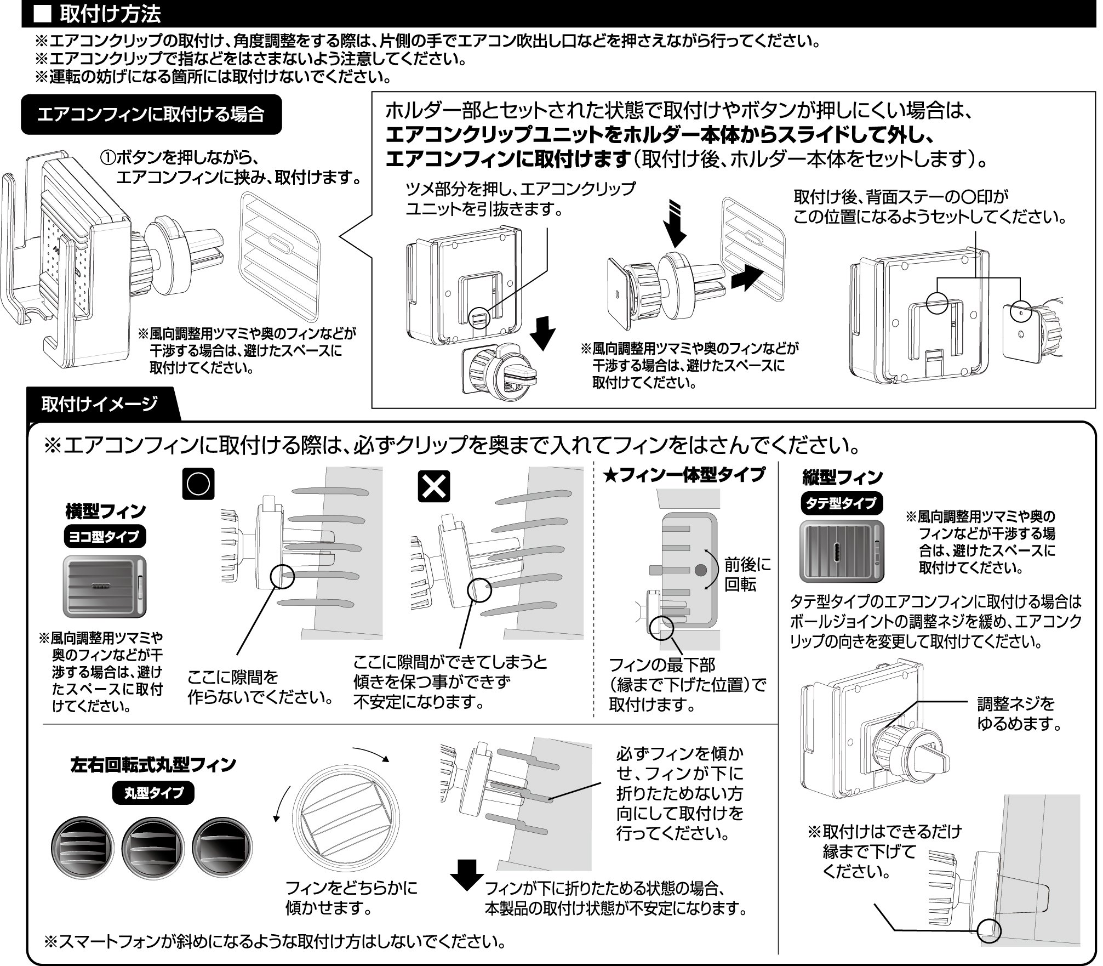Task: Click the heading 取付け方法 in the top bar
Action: (110, 14)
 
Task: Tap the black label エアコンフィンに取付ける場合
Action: (151, 115)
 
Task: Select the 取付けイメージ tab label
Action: (99, 404)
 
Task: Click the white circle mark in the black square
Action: (198, 484)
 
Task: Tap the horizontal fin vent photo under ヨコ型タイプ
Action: (105, 587)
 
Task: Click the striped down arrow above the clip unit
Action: (677, 225)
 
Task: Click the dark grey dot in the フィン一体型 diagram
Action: (700, 570)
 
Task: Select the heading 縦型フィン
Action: (842, 477)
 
